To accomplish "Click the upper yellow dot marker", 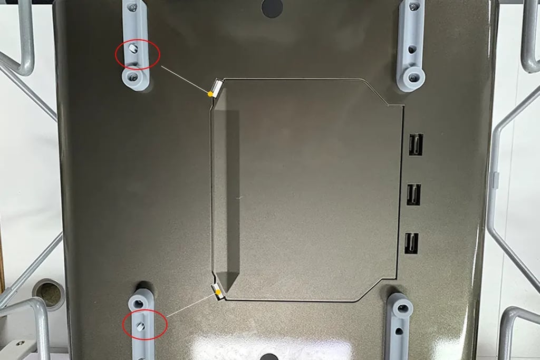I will pos(210,94).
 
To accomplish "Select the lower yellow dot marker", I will pos(218,291).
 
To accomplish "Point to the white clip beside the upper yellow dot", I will pos(217,85).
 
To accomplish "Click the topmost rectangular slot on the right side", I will pos(414,144).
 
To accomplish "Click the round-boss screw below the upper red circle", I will pos(133,77).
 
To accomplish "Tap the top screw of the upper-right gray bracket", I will pos(413,7).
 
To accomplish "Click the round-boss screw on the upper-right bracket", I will pos(411,77).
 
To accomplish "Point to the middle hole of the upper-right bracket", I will pos(413,49).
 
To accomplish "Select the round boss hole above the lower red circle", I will pos(139,303).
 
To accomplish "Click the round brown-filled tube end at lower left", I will pos(49,293).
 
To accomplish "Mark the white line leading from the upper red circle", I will pos(185,80).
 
